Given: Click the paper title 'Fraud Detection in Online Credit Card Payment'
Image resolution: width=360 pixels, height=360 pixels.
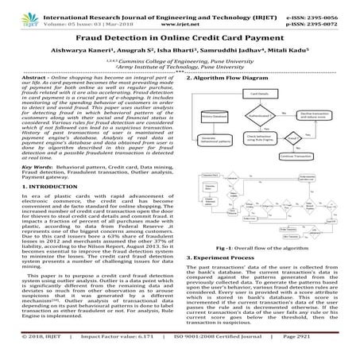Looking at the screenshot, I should (180, 36).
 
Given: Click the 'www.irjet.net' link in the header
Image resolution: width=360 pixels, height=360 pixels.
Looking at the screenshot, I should (180, 14).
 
